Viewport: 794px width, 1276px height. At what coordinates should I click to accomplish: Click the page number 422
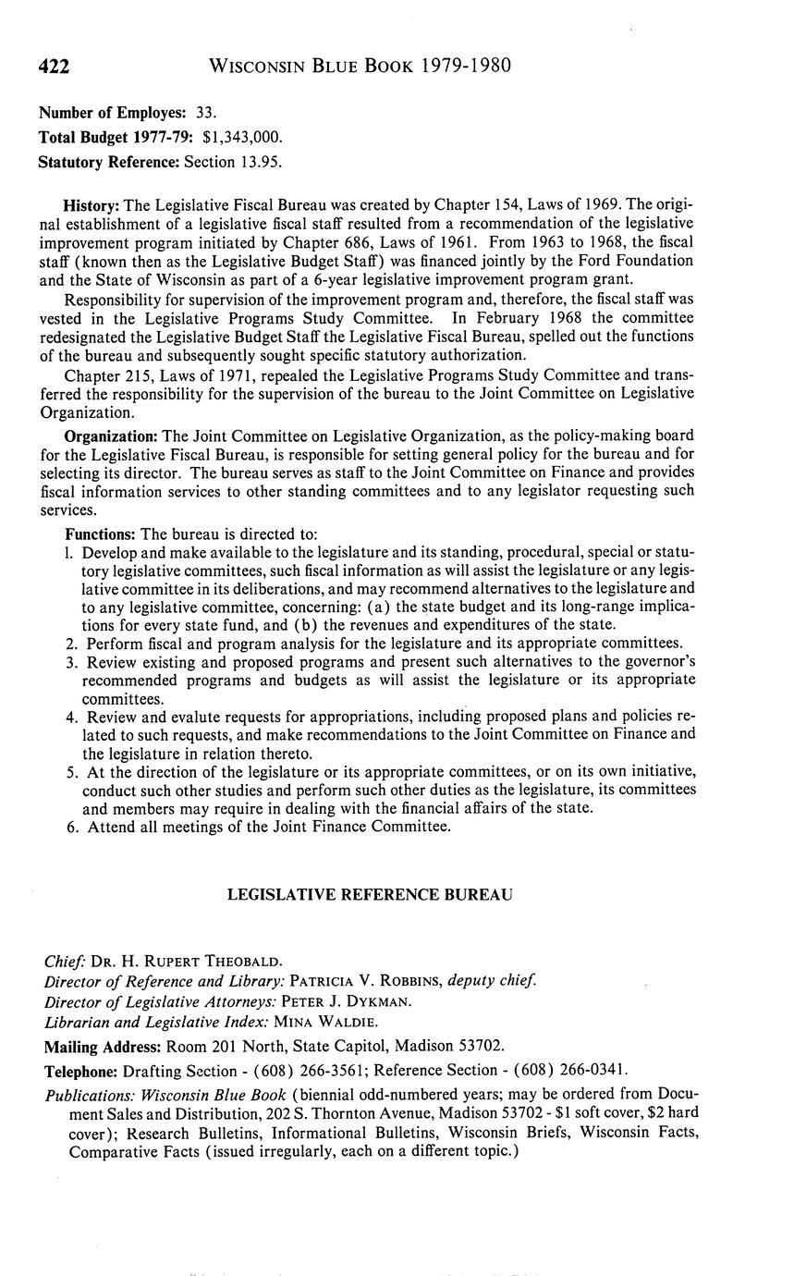[55, 67]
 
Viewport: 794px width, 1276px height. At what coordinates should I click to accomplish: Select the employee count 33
[206, 113]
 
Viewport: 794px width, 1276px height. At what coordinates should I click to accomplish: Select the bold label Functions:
[100, 534]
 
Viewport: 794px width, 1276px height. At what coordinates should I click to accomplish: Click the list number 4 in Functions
[70, 717]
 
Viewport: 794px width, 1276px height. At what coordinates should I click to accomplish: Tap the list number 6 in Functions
[70, 827]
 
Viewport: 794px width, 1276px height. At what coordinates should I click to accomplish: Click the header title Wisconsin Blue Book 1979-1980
[360, 66]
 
